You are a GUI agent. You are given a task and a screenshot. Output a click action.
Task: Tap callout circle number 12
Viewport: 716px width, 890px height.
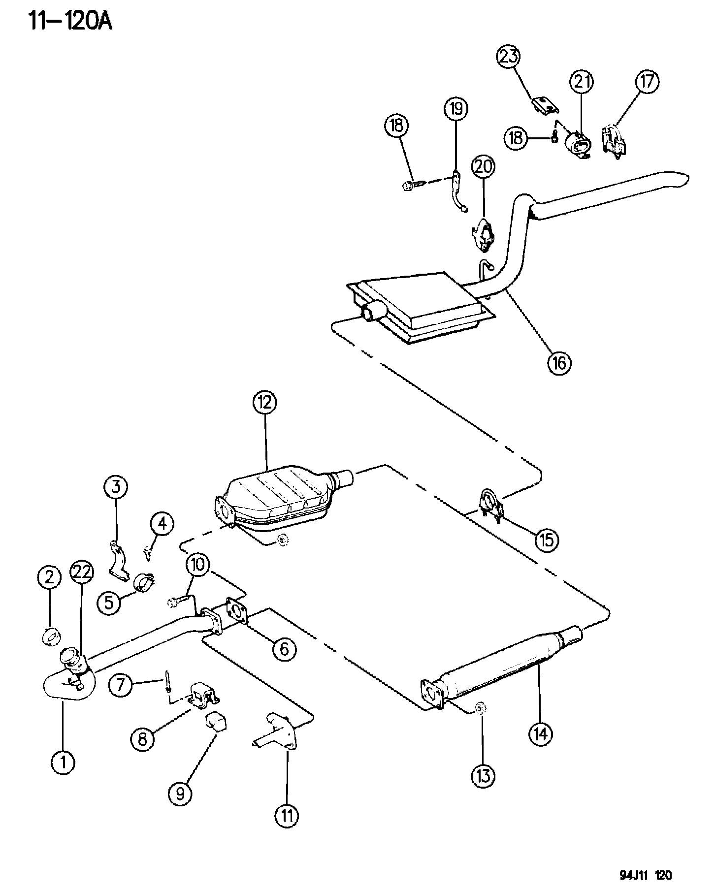coord(265,403)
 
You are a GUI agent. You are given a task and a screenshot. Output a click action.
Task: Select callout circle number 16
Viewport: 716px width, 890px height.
coord(559,363)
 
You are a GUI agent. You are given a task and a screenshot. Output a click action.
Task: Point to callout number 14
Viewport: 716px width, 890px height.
coord(541,734)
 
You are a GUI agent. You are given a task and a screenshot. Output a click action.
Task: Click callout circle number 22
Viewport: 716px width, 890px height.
coord(83,574)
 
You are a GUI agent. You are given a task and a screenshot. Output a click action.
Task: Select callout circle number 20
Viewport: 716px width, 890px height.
coord(483,167)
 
